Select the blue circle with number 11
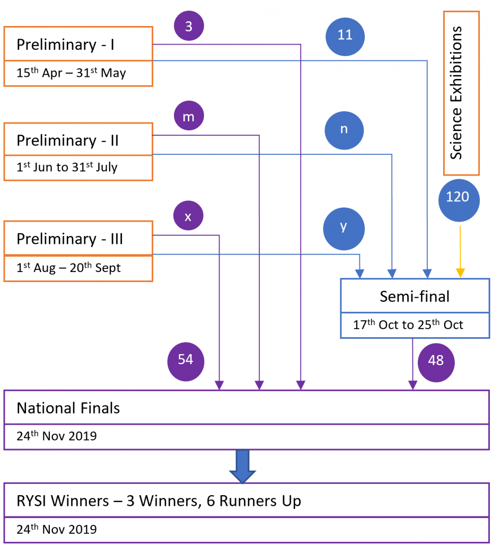click(345, 35)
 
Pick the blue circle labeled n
click(344, 130)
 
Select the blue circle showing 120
click(459, 197)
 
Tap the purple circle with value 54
click(186, 360)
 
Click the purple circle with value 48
click(436, 361)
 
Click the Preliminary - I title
click(66, 45)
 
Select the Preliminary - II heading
click(67, 140)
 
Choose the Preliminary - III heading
click(69, 239)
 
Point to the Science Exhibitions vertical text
click(456, 92)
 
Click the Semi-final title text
click(414, 296)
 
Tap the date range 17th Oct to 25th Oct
click(408, 324)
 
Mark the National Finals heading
click(68, 408)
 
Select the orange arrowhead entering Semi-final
click(460, 273)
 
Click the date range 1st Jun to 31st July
click(67, 168)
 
